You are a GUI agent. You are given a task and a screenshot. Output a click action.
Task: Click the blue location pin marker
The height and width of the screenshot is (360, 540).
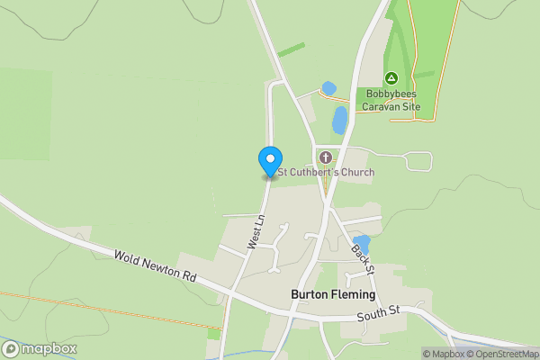point(269,161)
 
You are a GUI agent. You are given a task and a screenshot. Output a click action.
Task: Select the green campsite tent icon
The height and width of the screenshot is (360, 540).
point(391,78)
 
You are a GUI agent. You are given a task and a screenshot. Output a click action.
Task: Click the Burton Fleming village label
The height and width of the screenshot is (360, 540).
point(333,294)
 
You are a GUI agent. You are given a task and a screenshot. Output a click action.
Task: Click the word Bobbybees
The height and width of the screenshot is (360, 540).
point(391,94)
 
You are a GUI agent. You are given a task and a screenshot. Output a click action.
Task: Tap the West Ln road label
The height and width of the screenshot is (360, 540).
point(256,232)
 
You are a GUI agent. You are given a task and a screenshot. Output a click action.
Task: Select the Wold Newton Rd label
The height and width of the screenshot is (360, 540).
point(155,268)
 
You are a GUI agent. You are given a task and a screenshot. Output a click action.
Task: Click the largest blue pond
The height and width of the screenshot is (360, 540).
point(339,119)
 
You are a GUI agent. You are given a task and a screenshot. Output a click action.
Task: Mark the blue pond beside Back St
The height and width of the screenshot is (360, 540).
point(362,241)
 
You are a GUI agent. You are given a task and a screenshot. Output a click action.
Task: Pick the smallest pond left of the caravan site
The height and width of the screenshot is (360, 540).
point(328,88)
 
